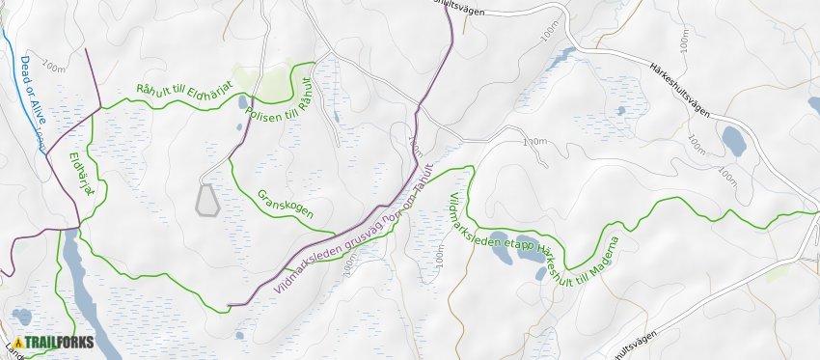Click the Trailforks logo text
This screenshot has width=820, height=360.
click(59, 342)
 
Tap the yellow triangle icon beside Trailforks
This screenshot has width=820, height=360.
click(17, 342)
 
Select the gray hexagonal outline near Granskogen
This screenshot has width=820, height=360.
click(206, 200)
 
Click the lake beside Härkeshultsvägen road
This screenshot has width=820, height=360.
click(733, 141)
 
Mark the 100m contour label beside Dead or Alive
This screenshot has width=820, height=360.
click(54, 68)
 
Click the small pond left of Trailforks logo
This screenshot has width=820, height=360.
click(21, 316)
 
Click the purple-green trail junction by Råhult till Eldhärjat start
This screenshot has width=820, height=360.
click(100, 108)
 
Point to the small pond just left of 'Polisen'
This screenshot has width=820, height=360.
click(239, 126)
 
